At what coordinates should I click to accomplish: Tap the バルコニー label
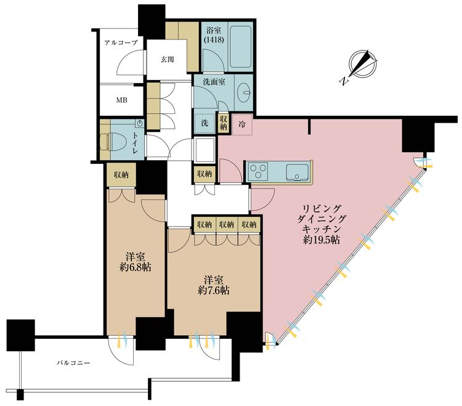71,363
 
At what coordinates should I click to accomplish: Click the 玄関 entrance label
168,60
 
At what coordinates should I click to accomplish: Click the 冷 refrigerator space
242,124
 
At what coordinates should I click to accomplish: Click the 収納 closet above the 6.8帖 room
120,175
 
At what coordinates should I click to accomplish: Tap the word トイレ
134,140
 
